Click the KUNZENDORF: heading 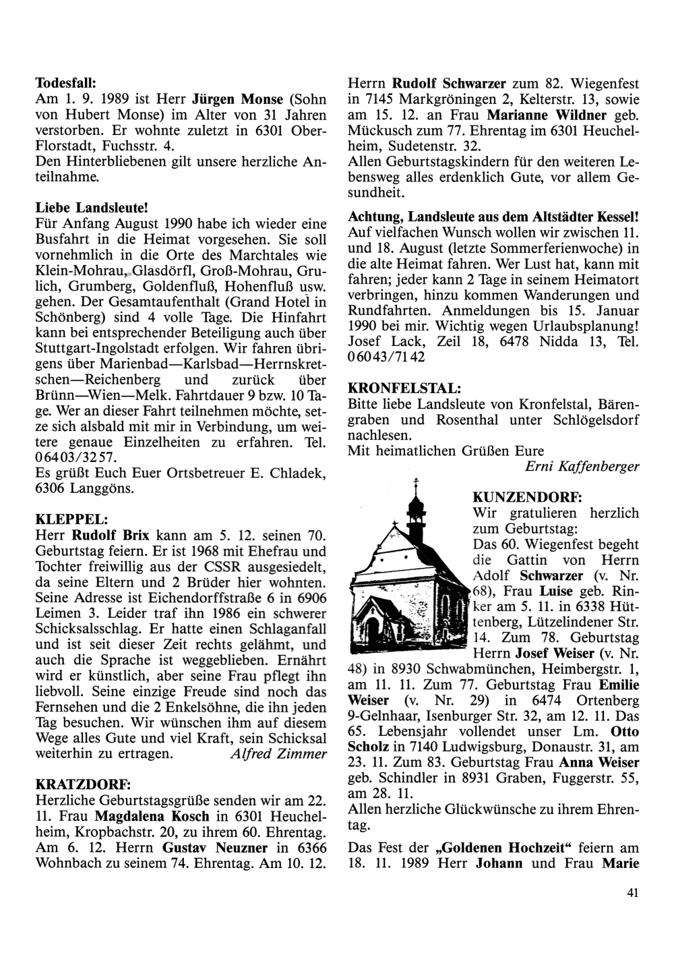(527, 497)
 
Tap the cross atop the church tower (416, 482)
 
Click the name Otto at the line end (625, 731)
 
